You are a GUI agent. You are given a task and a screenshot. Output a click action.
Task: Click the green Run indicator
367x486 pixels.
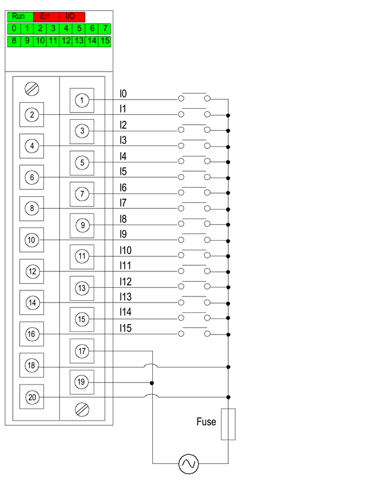tap(18, 17)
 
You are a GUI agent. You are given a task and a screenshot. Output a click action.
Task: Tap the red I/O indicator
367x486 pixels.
tap(71, 17)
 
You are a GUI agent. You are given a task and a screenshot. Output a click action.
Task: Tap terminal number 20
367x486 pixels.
tap(32, 397)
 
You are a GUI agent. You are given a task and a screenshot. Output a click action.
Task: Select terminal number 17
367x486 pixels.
tap(83, 351)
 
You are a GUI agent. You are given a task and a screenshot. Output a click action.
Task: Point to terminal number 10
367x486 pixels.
tap(32, 240)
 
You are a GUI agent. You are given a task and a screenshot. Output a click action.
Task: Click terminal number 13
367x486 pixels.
tap(83, 287)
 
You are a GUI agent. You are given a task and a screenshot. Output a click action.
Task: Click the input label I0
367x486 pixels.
tap(124, 94)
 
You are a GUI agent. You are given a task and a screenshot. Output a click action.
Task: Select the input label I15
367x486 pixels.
tap(127, 328)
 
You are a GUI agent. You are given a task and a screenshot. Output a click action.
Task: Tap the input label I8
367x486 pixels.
tap(124, 218)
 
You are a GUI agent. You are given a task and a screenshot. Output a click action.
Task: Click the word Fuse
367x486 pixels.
tap(206, 422)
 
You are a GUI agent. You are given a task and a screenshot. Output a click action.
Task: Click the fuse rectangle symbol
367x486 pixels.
tap(228, 424)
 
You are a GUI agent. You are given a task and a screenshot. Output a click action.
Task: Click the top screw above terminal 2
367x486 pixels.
tap(32, 89)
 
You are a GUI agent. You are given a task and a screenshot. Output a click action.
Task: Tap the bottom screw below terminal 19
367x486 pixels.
tap(83, 408)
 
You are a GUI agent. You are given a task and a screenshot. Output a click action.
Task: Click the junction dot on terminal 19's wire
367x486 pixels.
tap(152, 383)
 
